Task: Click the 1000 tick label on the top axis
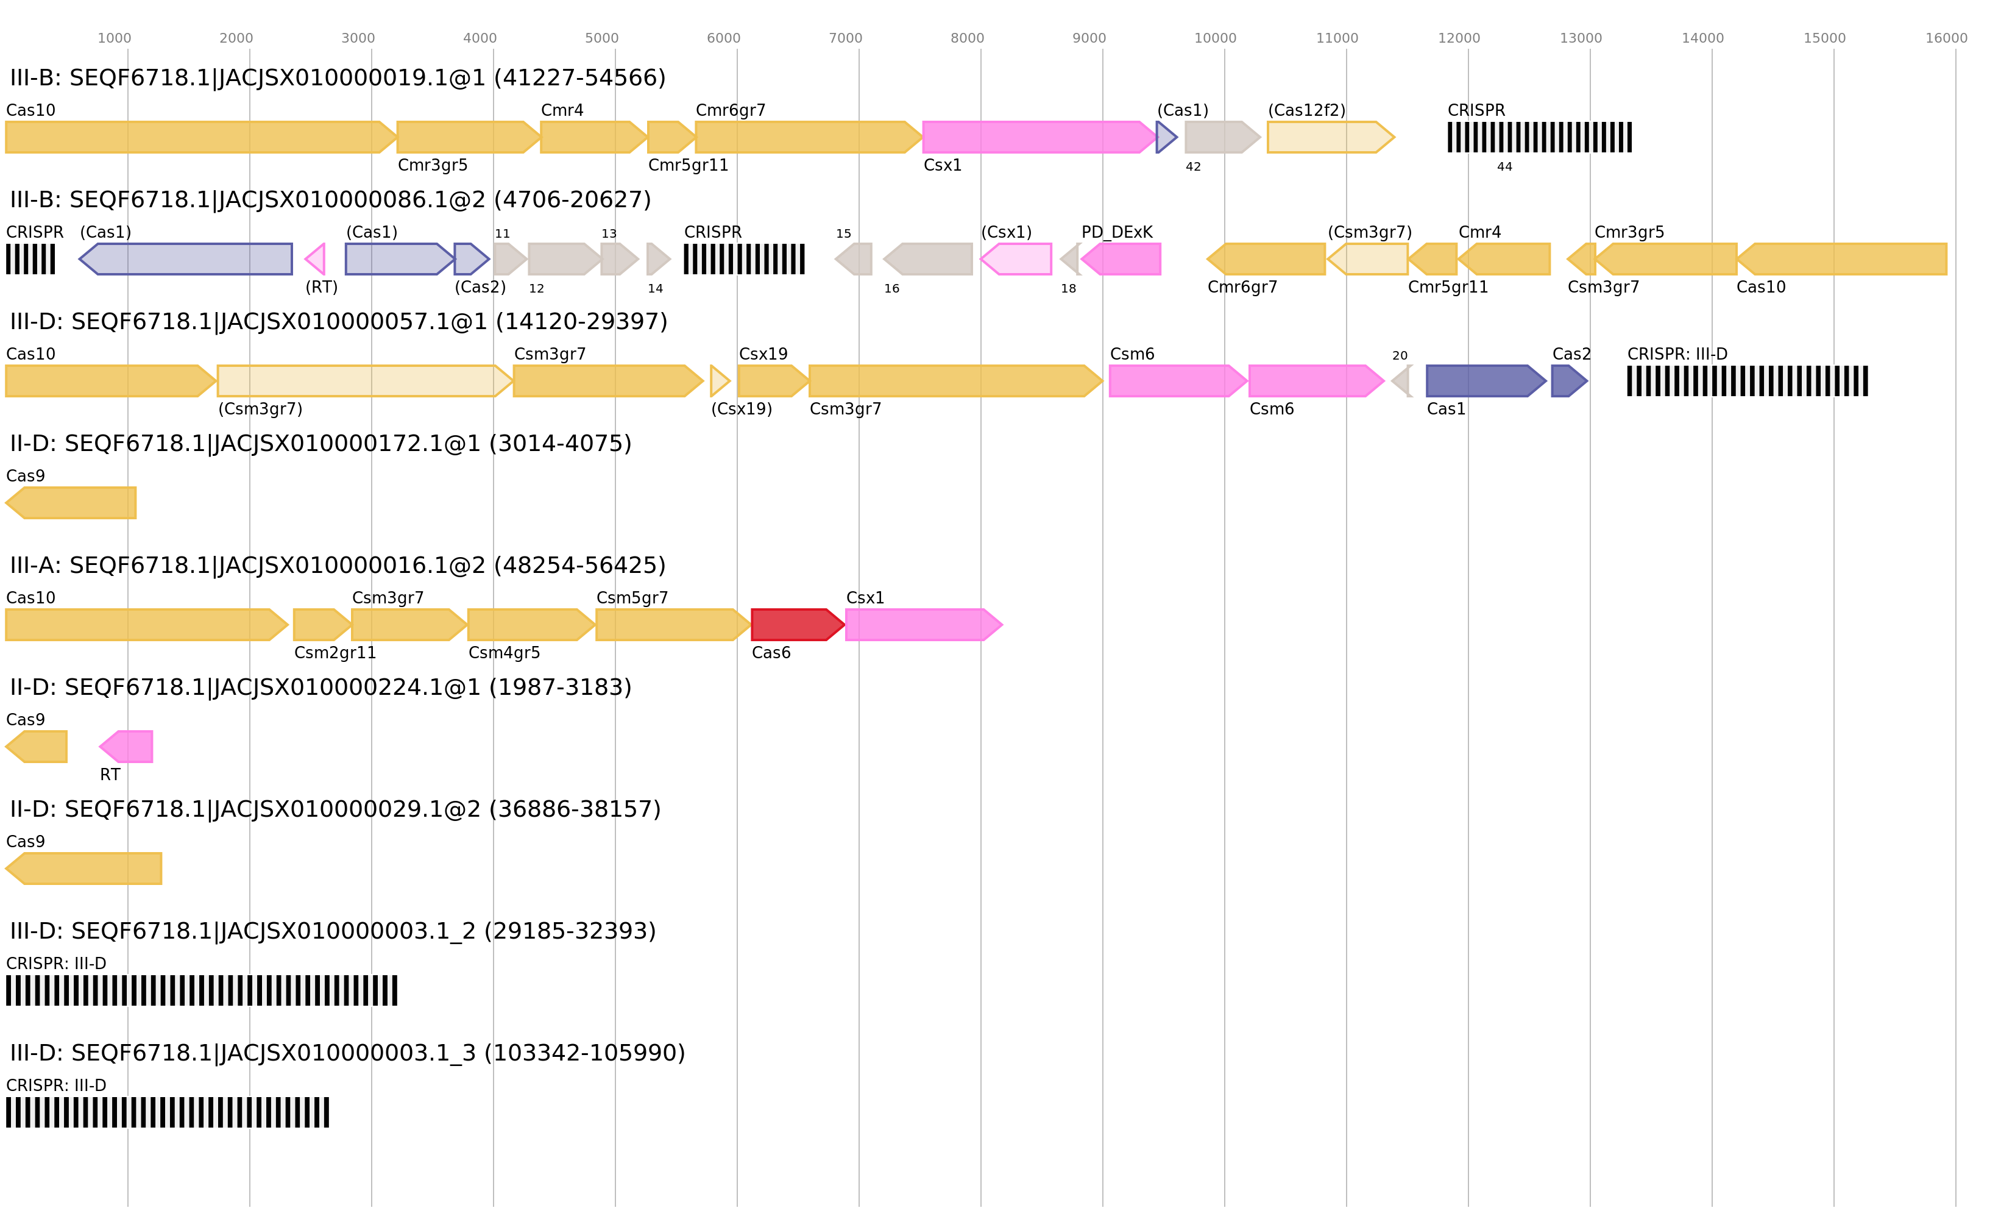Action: [115, 38]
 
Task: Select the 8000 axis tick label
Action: [967, 38]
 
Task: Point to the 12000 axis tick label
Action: [1459, 38]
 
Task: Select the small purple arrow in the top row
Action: [1166, 137]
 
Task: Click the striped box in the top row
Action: [1539, 137]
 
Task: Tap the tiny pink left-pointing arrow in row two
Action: [315, 259]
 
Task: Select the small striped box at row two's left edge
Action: [30, 259]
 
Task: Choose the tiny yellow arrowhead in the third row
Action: [720, 381]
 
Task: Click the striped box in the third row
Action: [1747, 381]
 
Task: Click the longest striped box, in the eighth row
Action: [202, 990]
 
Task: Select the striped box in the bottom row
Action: [168, 1112]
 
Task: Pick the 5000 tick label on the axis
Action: [602, 38]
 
